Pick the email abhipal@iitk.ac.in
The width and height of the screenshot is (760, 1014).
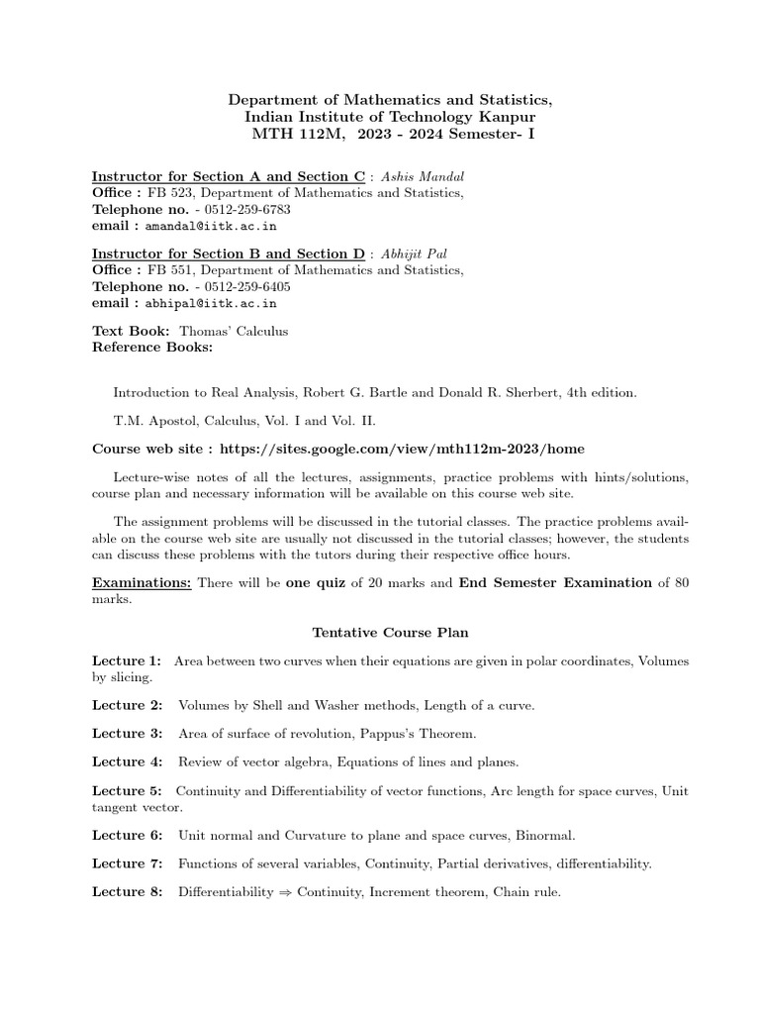click(212, 304)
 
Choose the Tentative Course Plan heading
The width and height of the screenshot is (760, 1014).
click(391, 632)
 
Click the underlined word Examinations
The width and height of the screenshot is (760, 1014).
click(142, 583)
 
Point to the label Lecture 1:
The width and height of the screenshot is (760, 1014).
click(127, 660)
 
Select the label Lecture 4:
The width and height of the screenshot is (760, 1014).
click(127, 761)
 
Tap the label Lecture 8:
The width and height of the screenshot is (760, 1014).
click(127, 892)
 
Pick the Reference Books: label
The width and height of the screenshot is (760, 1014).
click(152, 348)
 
